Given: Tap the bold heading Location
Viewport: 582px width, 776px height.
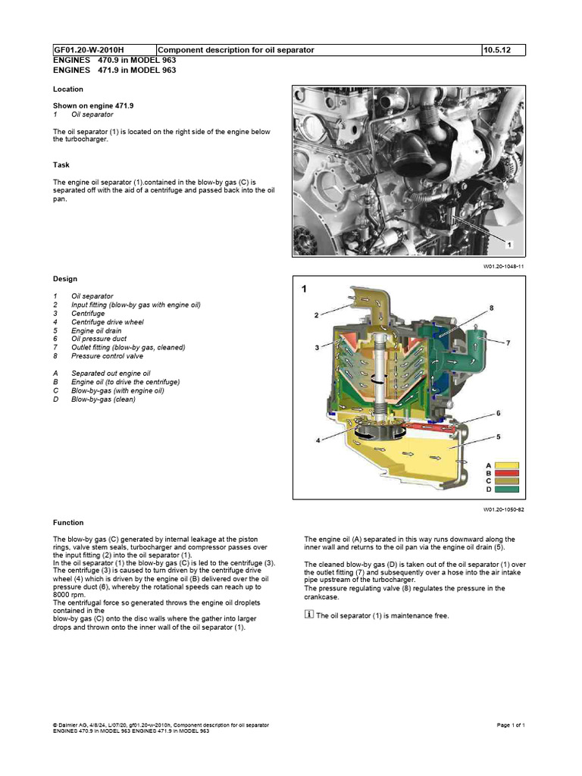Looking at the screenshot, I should pos(68,89).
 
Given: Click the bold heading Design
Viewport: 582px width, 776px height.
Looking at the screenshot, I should pos(64,279).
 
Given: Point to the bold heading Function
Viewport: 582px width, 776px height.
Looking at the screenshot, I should pos(68,522).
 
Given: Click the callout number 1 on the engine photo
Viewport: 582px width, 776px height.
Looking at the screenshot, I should pos(510,245).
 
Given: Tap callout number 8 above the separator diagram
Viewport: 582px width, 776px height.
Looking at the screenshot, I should pos(491,308).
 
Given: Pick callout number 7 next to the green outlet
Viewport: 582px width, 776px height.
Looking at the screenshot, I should pos(508,343).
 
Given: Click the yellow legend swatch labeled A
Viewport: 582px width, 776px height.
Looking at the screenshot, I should pos(507,465).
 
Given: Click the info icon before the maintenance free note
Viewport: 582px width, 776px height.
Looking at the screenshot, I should pos(308,615).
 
